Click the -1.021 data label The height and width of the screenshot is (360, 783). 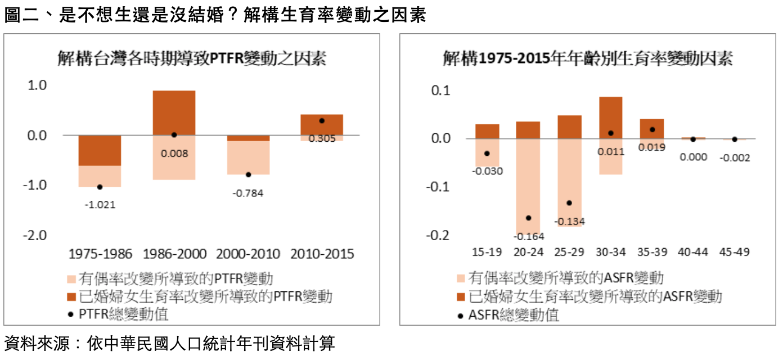100,205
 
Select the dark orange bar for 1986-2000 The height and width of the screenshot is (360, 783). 174,112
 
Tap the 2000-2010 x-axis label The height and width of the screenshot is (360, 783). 247,254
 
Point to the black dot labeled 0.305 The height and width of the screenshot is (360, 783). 322,121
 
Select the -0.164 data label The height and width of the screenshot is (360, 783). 528,236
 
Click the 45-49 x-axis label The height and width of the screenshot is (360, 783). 734,251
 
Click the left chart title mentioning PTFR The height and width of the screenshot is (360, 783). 192,58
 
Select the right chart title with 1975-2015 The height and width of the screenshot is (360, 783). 587,58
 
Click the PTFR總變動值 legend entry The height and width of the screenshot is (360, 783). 124,313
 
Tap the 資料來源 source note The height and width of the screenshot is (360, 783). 169,343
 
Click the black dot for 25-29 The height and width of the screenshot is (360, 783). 569,202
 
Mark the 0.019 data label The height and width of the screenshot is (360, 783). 652,147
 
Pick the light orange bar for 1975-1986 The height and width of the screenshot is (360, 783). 100,176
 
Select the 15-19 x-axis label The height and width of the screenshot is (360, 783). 487,251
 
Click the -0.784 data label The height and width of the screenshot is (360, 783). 247,193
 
